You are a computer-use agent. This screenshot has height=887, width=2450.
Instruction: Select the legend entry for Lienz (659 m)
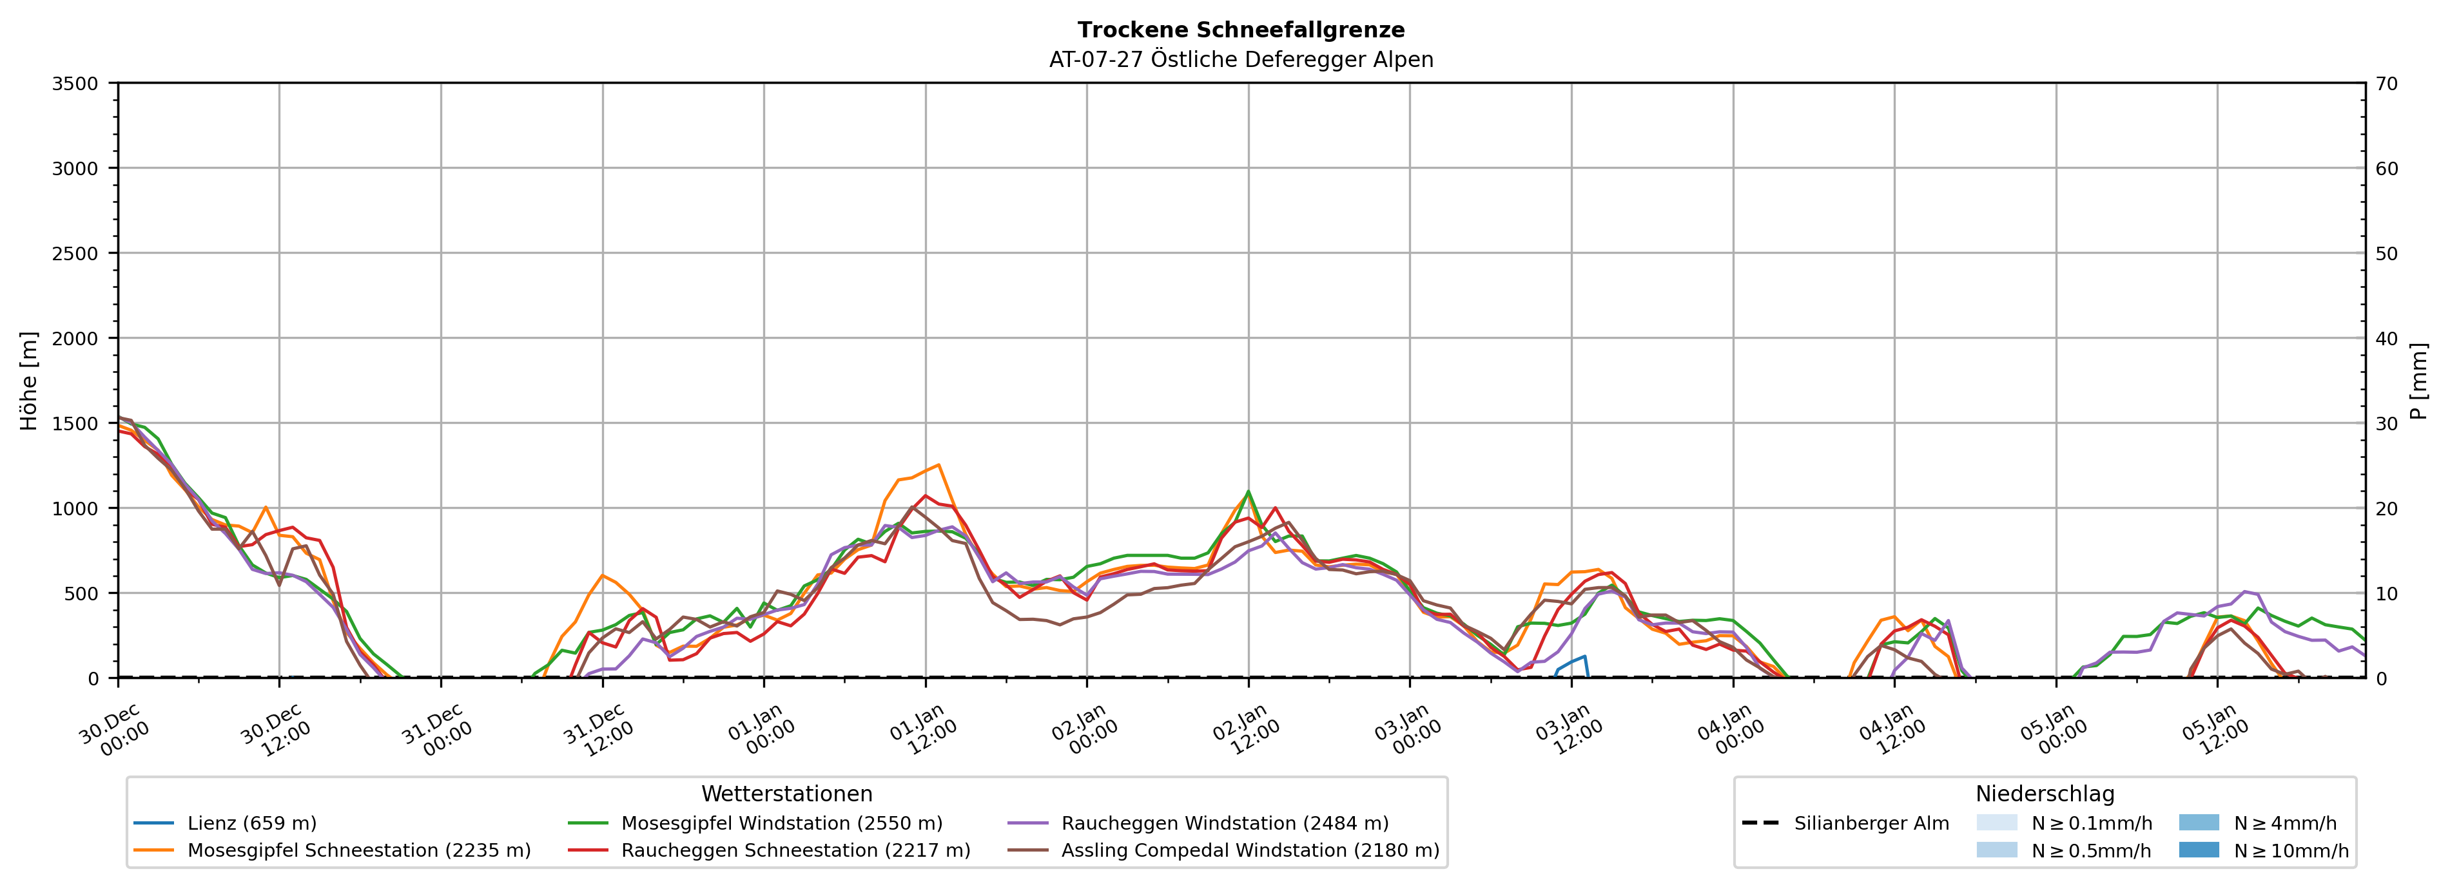tap(251, 823)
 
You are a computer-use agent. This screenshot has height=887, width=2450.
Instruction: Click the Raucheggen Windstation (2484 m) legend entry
tap(1224, 823)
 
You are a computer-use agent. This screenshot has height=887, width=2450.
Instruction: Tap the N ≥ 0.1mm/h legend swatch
tap(1996, 823)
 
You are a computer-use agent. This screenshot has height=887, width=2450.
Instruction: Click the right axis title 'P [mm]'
tap(2418, 380)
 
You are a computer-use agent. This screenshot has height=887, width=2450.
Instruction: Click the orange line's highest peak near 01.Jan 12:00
tap(938, 465)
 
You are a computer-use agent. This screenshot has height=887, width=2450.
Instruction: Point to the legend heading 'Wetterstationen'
tap(786, 794)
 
